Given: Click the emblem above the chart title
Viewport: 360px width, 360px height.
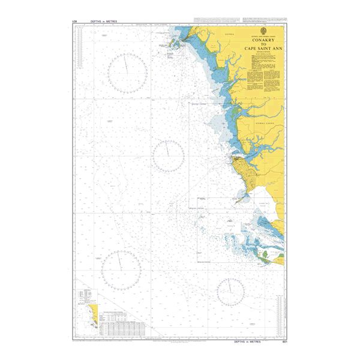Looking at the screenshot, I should click(x=265, y=31).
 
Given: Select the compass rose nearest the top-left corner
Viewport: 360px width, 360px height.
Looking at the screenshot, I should click(x=127, y=73).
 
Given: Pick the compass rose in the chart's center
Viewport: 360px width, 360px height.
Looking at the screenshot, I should click(x=169, y=156).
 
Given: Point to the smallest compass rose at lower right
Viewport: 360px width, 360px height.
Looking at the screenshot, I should click(x=231, y=292).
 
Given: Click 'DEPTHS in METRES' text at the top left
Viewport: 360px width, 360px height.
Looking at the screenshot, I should click(x=104, y=22).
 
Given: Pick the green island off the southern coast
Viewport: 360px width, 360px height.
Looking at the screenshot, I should click(x=266, y=256).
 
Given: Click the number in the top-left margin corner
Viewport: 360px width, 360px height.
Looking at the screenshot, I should click(x=74, y=22).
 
